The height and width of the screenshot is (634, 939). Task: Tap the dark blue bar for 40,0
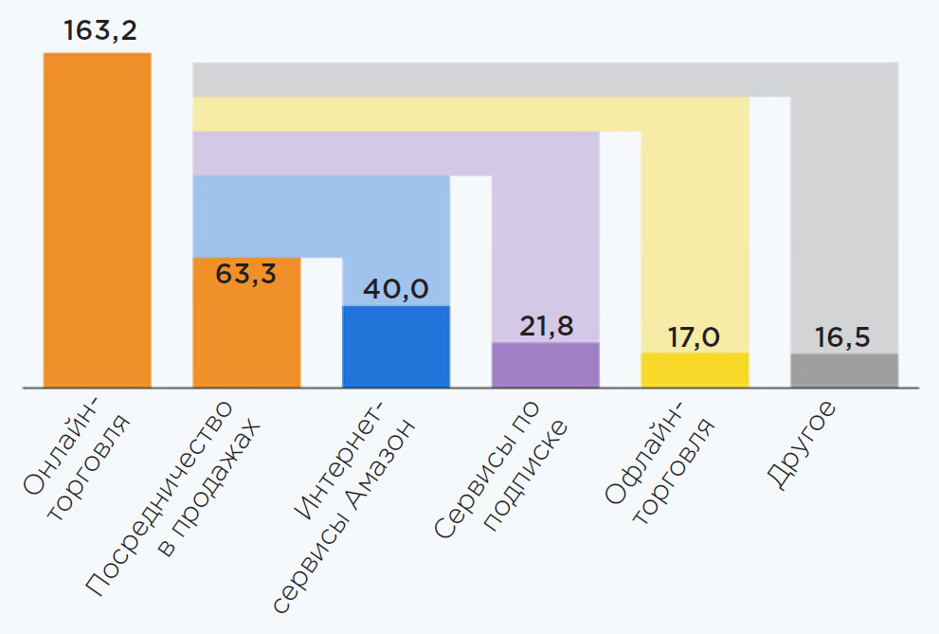coord(396,347)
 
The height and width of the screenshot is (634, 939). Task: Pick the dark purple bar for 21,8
coord(545,365)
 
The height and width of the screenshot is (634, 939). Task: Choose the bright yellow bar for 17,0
coord(695,370)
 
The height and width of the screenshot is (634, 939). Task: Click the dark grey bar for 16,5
coord(844,371)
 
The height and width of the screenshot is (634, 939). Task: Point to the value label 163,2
coord(99,30)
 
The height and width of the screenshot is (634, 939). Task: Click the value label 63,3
coord(246,274)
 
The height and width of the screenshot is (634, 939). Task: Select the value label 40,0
coord(396,289)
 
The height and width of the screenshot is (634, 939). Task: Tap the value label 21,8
coord(546,325)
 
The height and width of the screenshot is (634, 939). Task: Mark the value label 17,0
coord(694,336)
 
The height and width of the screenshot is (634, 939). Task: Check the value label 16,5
coord(842,337)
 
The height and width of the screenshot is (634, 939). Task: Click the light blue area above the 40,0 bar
coord(396,237)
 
